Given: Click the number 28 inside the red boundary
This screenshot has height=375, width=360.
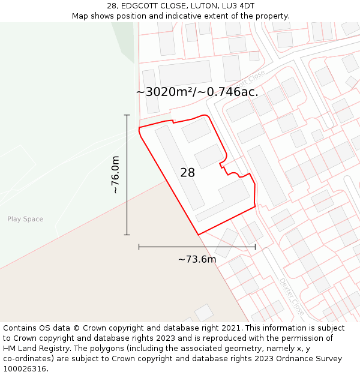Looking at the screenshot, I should click(187, 173).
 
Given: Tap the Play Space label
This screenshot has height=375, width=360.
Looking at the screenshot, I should click(25, 219).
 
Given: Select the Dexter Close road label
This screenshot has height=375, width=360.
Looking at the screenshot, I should click(292, 297).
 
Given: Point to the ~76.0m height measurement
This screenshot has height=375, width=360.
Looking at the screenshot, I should click(115, 175).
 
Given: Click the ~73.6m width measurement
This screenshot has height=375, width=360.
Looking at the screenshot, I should click(197, 259).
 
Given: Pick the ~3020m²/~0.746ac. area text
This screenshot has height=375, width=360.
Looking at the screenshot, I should click(197, 92).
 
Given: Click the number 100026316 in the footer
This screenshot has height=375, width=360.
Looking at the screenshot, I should click(25, 369).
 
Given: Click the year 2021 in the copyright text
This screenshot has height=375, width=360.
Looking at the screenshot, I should click(228, 328).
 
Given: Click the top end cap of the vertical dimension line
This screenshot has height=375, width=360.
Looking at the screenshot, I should click(127, 115).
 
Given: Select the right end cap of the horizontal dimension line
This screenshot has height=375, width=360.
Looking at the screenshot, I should click(255, 247).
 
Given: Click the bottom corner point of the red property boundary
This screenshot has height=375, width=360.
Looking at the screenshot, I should click(198, 235).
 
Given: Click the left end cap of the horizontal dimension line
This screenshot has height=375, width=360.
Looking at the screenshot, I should click(139, 247).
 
